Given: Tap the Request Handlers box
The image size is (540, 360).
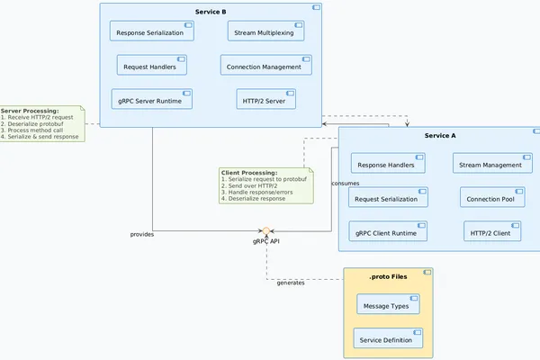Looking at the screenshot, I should pyautogui.click(x=152, y=65).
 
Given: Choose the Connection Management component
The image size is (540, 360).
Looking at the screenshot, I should pyautogui.click(x=266, y=65).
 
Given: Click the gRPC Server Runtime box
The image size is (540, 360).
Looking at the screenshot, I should pyautogui.click(x=152, y=99).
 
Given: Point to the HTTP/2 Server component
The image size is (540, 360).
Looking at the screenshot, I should pyautogui.click(x=266, y=99).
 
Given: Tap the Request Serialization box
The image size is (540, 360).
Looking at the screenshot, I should pyautogui.click(x=388, y=197).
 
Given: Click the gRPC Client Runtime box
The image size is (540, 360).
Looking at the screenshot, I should pyautogui.click(x=388, y=231).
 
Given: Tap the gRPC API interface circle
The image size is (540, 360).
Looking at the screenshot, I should pyautogui.click(x=266, y=231).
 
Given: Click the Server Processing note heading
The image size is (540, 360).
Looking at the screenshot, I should pyautogui.click(x=30, y=111).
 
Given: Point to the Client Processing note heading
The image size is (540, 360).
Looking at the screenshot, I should pyautogui.click(x=249, y=172).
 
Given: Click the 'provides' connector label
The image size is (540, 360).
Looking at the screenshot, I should pyautogui.click(x=142, y=234).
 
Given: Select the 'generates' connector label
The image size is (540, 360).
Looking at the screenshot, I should pyautogui.click(x=290, y=283).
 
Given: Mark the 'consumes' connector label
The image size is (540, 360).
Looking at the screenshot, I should pyautogui.click(x=346, y=184).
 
